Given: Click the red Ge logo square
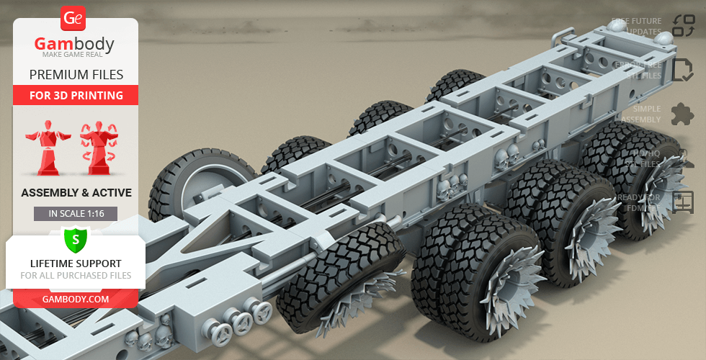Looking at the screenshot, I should click(73, 17).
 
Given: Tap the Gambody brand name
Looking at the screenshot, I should click(75, 45).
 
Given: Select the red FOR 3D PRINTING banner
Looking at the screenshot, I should click(75, 95).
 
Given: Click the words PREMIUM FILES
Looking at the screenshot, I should click(75, 75).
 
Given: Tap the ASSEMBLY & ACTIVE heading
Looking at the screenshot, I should click(75, 192).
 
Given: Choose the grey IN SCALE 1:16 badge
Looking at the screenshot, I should click(75, 213).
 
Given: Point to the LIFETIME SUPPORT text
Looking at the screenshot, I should click(75, 264).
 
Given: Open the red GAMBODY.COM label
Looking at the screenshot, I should click(75, 298).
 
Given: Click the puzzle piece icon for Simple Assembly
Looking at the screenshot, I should click(682, 114).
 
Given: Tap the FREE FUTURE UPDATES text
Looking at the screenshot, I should click(637, 27).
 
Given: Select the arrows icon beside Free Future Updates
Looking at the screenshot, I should click(683, 26).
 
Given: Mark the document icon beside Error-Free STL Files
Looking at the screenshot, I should click(682, 70).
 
